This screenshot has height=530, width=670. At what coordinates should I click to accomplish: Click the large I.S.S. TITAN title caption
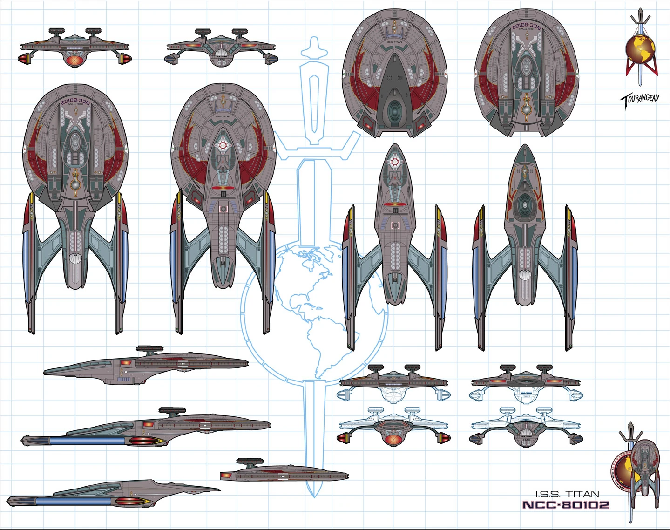[x=567, y=494]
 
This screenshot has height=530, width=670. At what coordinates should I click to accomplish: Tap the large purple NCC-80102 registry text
[x=566, y=505]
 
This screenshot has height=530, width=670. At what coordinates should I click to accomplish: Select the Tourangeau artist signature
[x=640, y=100]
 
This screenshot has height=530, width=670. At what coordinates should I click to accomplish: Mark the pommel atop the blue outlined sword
[x=314, y=47]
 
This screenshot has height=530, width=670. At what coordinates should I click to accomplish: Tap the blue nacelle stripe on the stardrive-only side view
[x=74, y=501]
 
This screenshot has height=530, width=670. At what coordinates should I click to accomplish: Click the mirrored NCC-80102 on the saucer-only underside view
[x=527, y=27]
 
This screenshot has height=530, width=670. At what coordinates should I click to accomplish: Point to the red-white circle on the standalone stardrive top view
[x=395, y=162]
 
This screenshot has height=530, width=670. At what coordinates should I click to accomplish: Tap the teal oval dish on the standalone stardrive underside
[x=525, y=205]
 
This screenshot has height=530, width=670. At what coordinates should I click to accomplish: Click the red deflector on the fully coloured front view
[x=74, y=61]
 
